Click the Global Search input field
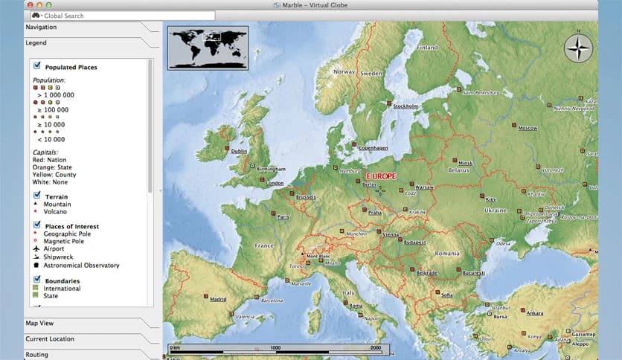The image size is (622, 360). pos(126,16)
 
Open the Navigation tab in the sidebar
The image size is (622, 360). pos(42,28)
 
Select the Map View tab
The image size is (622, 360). pos(39,324)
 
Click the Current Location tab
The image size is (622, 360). pos(50,339)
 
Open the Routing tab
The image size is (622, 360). pos(37,355)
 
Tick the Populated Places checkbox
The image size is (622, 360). pos(36,66)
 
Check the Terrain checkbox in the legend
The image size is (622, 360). pos(36,196)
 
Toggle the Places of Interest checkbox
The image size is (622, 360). pos(36,225)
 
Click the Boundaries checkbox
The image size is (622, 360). pos(36,280)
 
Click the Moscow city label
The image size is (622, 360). pos(528,128)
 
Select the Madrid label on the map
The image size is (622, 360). pos(218,300)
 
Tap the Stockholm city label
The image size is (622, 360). pos(405,106)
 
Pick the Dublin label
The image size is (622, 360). pos(239,152)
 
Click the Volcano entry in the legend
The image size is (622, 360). pos(55,211)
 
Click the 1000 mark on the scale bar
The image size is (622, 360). pos(275,347)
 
